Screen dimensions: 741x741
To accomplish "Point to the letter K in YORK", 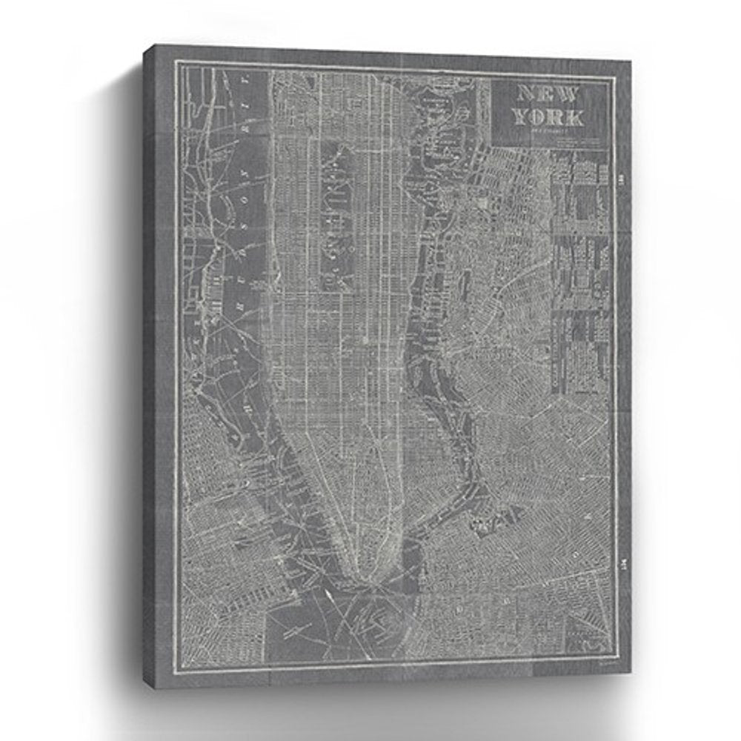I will (x=575, y=116).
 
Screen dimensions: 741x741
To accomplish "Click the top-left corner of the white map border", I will (x=176, y=62).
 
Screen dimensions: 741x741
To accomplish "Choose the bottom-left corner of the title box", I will (x=493, y=145).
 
